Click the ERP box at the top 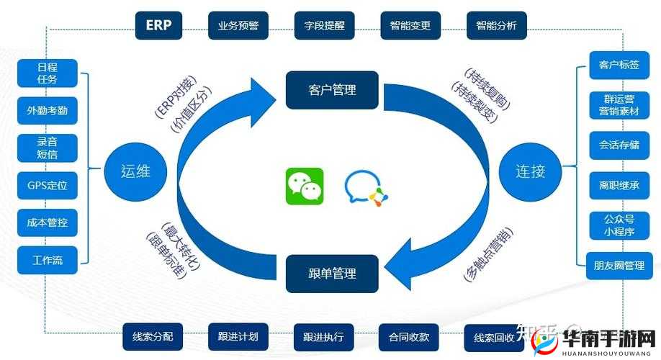coord(158,25)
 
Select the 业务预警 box coord(238,25)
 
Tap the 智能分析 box coord(496,25)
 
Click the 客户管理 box coord(332,90)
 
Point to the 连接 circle coord(530,171)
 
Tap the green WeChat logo coord(305,186)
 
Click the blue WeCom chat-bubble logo coord(365,187)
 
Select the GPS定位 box coord(48,185)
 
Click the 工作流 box coord(48,260)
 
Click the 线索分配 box coord(153,336)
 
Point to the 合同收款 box coord(409,336)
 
